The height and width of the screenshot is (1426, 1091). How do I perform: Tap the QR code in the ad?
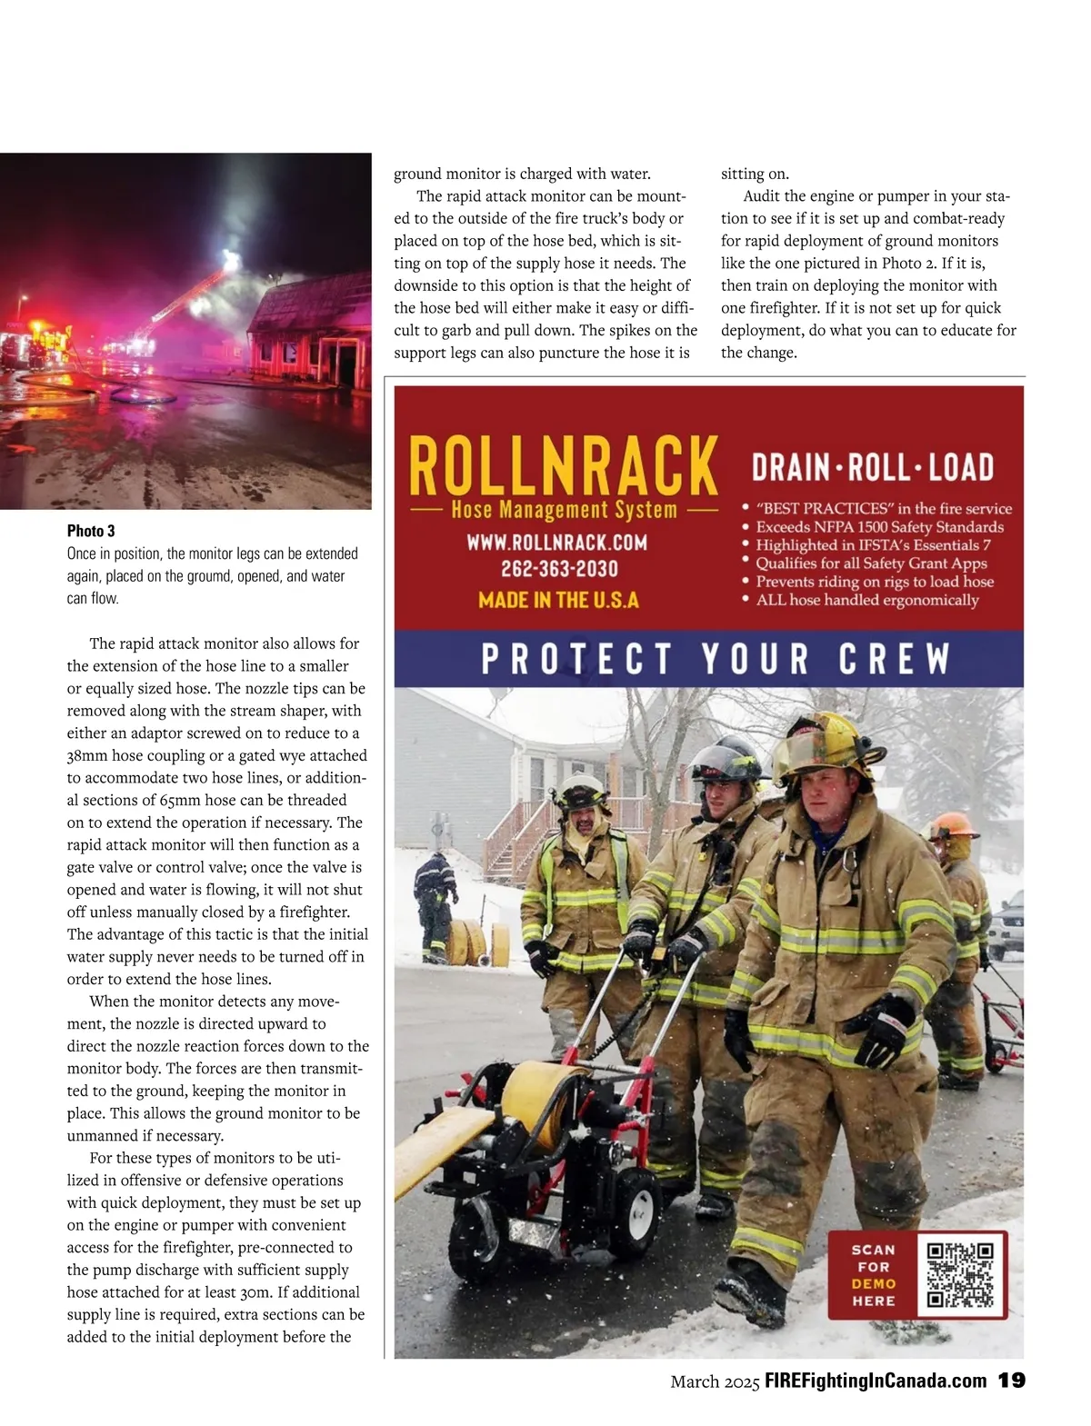(960, 1275)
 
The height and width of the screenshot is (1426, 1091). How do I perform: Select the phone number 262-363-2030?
(559, 570)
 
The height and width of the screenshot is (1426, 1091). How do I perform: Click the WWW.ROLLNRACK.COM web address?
(557, 543)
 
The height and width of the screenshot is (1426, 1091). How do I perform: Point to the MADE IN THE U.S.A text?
(558, 600)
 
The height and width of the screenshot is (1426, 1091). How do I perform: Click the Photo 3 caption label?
(91, 531)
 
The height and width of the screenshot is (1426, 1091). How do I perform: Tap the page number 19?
(1012, 1381)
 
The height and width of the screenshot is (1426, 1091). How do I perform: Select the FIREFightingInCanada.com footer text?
(875, 1381)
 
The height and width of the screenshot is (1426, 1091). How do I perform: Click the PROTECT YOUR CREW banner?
(715, 659)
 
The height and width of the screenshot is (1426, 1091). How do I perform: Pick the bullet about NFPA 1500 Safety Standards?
(879, 527)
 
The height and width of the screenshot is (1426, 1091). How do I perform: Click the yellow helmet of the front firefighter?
(827, 743)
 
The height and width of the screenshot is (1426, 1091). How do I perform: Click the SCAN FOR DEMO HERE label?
(873, 1275)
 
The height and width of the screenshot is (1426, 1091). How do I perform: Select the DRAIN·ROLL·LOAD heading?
(872, 467)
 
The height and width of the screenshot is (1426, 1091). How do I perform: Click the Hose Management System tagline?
(564, 510)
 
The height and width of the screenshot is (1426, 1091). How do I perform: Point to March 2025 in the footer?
(715, 1382)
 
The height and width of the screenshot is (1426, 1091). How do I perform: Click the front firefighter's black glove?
(881, 1030)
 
